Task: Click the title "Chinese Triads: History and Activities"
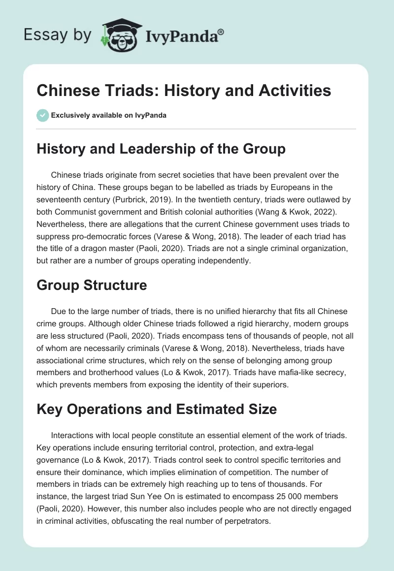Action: click(x=184, y=91)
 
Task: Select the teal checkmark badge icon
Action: click(x=42, y=115)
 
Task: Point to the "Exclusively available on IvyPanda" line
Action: click(x=109, y=115)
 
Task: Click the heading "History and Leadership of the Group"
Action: click(x=161, y=149)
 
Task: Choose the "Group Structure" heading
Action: click(x=92, y=285)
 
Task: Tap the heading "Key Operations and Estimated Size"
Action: click(x=157, y=409)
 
